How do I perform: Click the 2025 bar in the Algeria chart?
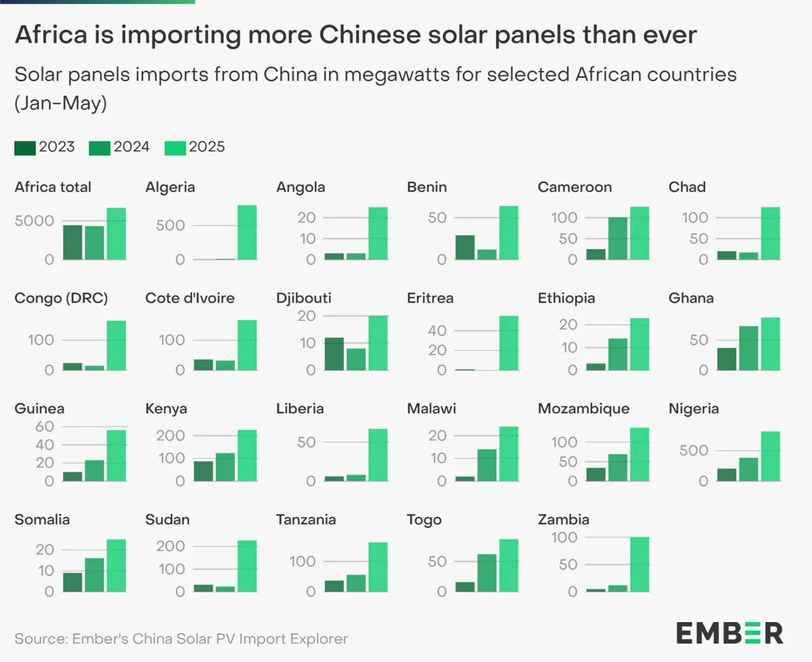[247, 232]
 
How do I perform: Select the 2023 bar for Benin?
[465, 248]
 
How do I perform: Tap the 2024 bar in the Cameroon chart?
[617, 238]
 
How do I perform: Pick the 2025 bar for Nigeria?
[770, 456]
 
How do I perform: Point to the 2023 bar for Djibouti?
[334, 354]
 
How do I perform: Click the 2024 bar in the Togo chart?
[487, 573]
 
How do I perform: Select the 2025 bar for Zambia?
[639, 565]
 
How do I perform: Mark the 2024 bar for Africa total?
[94, 243]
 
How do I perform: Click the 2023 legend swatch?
[24, 148]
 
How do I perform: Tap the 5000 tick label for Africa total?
[35, 221]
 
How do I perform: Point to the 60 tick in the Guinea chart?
[44, 426]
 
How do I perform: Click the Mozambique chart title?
[583, 409]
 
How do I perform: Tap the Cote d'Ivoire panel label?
[189, 298]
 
